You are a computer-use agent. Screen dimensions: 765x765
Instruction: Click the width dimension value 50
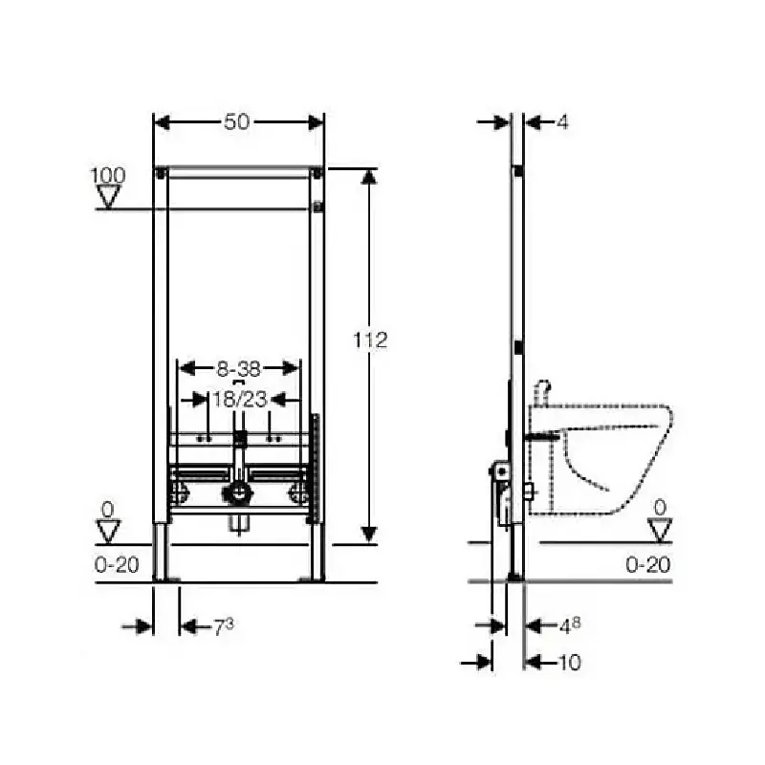236,122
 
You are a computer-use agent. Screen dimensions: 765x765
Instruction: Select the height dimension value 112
370,340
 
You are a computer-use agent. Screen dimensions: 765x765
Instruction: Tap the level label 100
108,175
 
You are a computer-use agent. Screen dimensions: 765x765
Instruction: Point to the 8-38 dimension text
238,369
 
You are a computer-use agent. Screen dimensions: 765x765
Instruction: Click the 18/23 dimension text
240,400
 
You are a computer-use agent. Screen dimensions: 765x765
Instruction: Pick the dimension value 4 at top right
562,122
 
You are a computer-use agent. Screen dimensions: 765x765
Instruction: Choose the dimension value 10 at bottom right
569,663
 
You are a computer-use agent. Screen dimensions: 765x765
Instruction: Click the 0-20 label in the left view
117,564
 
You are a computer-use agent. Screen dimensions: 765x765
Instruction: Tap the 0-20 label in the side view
648,564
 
